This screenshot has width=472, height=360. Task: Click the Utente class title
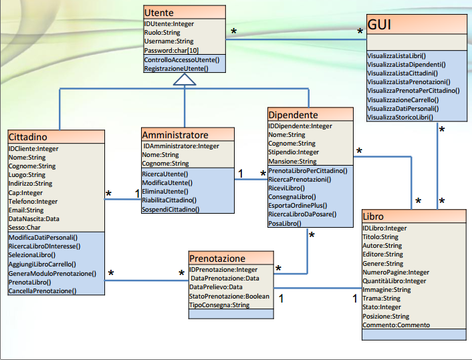click(159, 12)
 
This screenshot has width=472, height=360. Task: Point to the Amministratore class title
click(176, 135)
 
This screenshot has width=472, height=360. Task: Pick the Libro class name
click(374, 217)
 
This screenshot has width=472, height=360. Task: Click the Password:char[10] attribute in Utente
click(171, 50)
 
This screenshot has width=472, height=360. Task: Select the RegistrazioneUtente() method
click(176, 68)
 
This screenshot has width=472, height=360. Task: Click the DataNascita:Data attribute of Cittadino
click(34, 218)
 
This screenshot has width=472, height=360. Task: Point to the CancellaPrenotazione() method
click(43, 291)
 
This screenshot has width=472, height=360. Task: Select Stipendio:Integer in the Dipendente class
click(294, 152)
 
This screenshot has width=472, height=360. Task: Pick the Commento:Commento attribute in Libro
click(396, 325)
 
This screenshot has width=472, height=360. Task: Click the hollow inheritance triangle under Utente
click(185, 79)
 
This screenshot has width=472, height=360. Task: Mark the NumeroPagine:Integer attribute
click(396, 273)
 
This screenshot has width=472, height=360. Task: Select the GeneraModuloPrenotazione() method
click(52, 273)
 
